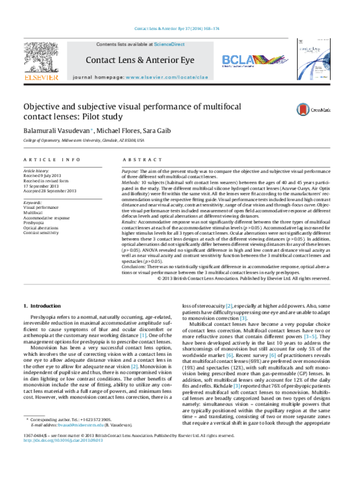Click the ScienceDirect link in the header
point(170,44)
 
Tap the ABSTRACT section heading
point(139,160)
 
